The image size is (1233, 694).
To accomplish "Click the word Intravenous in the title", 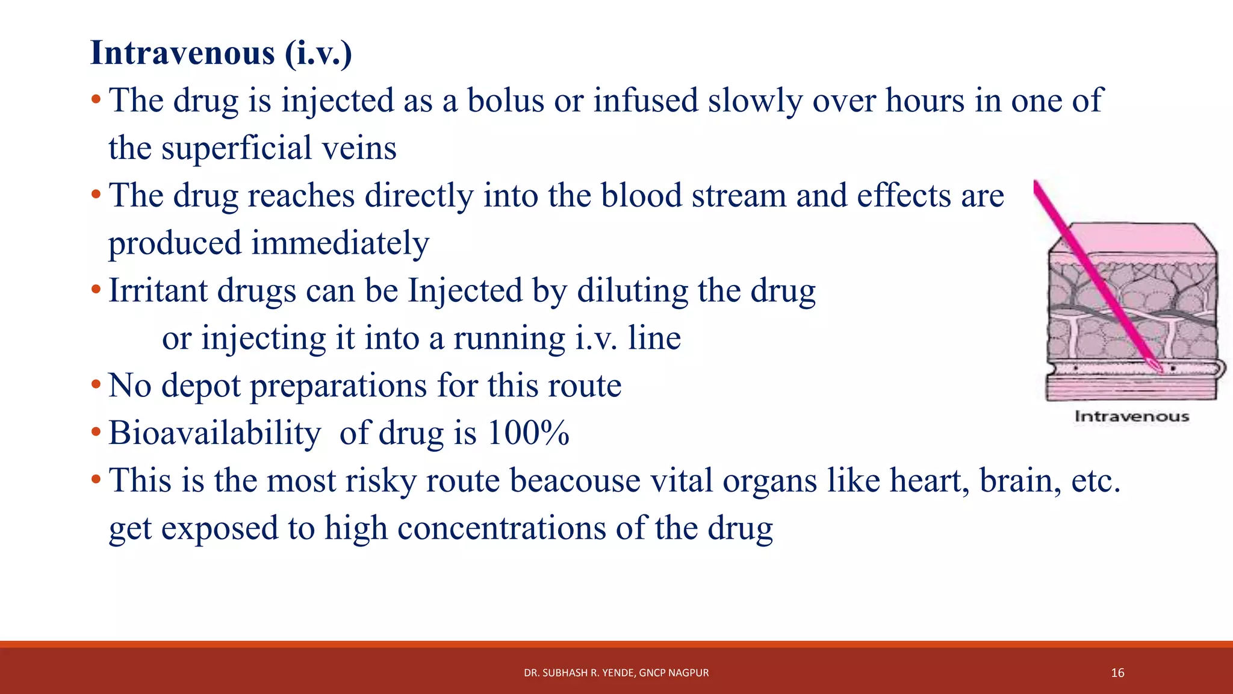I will coord(182,53).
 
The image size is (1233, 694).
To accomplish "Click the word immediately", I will coord(340,243).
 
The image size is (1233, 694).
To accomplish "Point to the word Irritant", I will coord(158,291).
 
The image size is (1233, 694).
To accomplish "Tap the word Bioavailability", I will coord(214,433).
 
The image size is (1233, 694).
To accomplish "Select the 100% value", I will coord(528,433).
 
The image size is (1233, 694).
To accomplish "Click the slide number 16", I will coord(1117,673).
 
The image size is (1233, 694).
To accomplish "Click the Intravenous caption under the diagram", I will coord(1132,416).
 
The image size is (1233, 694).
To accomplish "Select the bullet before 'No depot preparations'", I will coord(96,384).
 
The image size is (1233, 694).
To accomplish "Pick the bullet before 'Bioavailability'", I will coord(96,432).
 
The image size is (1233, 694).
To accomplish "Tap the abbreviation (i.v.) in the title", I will coord(318,53).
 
